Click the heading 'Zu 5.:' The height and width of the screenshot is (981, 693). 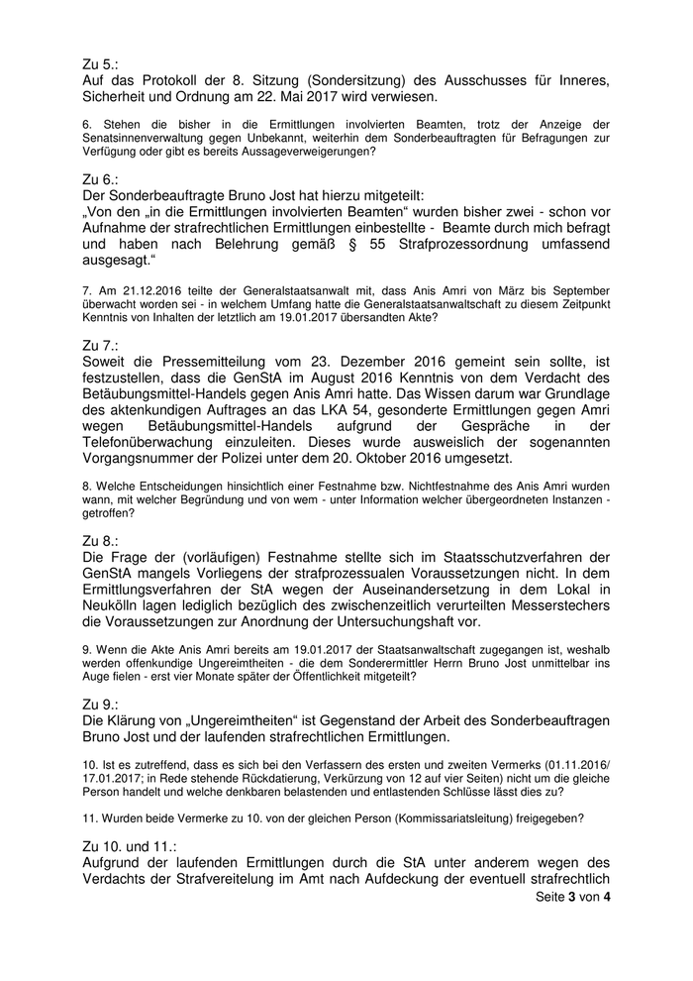pos(100,63)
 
